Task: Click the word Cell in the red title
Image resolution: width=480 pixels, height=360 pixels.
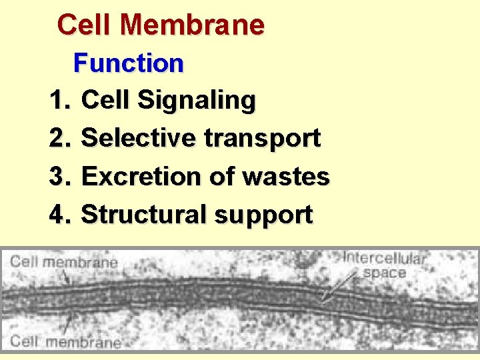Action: (85, 25)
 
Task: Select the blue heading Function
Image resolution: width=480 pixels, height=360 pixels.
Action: (129, 64)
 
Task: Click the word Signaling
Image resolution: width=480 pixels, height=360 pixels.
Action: (198, 101)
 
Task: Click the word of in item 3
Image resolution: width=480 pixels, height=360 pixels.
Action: (221, 177)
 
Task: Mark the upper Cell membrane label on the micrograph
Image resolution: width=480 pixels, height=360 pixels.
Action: (64, 261)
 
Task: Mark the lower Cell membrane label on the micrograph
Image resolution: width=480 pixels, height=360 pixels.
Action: (65, 342)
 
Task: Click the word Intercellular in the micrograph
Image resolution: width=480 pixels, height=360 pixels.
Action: (385, 257)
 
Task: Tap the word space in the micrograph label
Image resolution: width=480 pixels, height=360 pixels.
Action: (384, 272)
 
